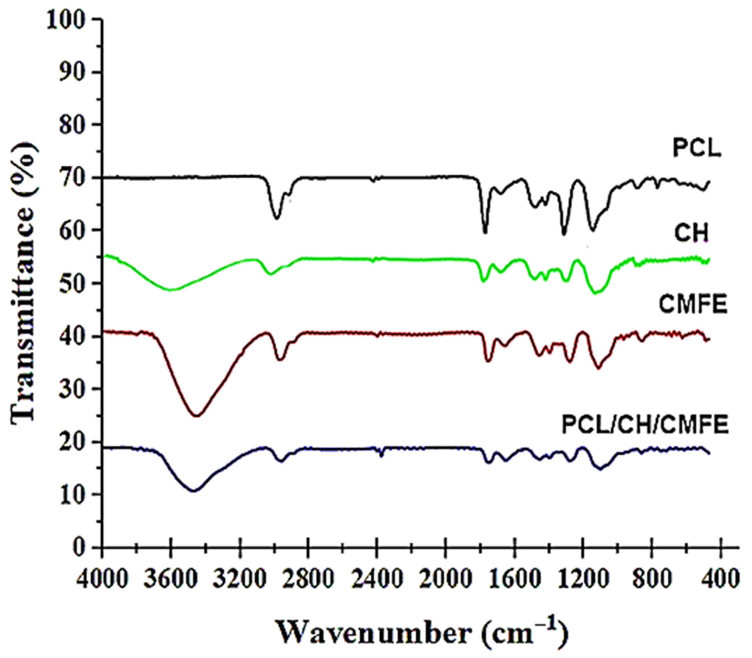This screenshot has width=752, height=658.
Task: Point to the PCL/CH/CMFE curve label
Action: (x=645, y=426)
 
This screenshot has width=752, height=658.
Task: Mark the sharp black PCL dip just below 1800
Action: (x=485, y=232)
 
